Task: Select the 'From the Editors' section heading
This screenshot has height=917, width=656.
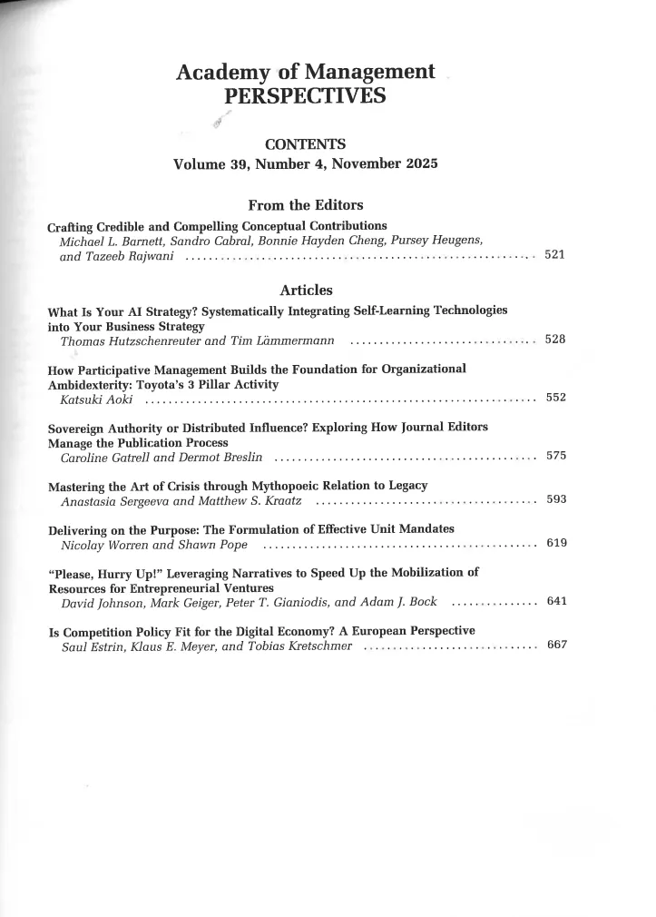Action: click(x=305, y=205)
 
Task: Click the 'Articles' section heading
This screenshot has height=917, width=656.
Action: click(x=305, y=291)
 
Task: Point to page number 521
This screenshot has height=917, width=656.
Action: click(x=555, y=255)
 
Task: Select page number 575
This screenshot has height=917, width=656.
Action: click(x=555, y=456)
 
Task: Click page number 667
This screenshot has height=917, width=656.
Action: click(x=555, y=646)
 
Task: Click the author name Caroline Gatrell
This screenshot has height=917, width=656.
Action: click(x=103, y=457)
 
